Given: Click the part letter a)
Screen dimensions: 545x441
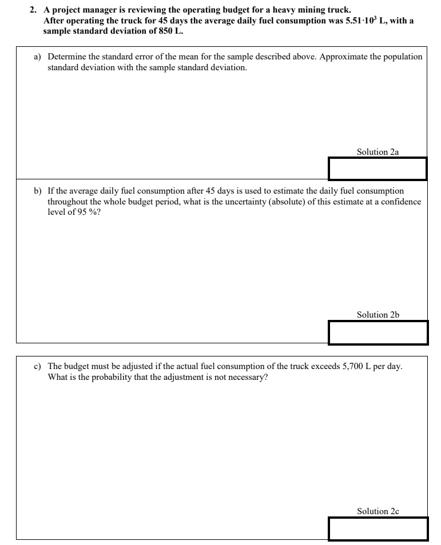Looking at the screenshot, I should pyautogui.click(x=38, y=57).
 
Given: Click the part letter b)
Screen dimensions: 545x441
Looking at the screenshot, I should pyautogui.click(x=38, y=191).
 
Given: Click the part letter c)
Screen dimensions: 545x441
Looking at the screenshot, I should pyautogui.click(x=38, y=366).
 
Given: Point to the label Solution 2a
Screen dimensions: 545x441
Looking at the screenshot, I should pyautogui.click(x=378, y=152).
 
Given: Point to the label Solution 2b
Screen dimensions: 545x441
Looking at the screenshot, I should pyautogui.click(x=378, y=315).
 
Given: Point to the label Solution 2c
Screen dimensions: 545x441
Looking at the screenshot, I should pyautogui.click(x=378, y=511).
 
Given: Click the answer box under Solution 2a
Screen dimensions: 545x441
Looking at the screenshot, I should pyautogui.click(x=378, y=169).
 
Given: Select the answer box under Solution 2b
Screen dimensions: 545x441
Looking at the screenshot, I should pyautogui.click(x=378, y=332).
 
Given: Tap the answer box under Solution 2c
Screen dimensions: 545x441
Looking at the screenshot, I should pyautogui.click(x=378, y=528).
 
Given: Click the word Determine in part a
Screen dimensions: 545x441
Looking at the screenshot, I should pyautogui.click(x=67, y=57).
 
